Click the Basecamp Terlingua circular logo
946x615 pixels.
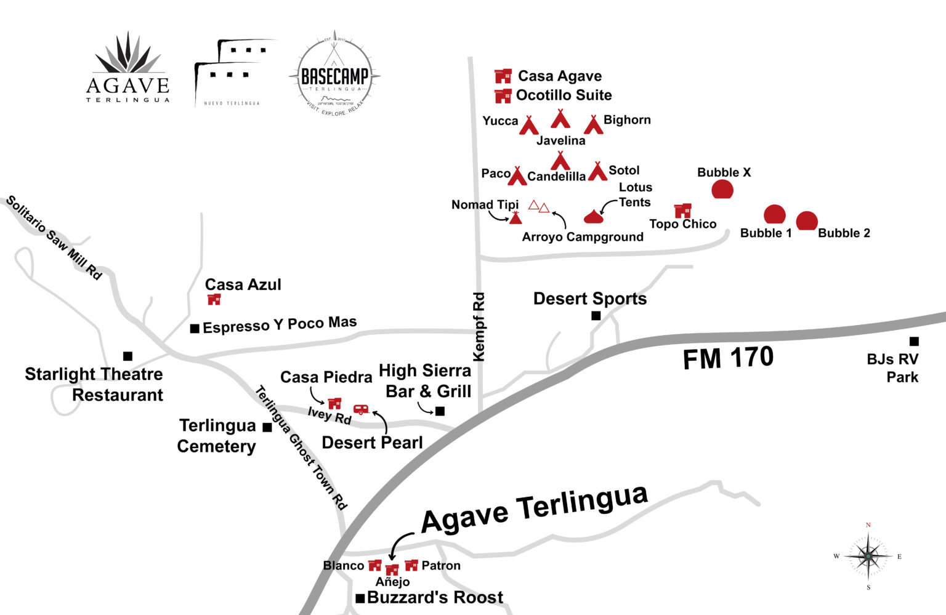(x=334, y=75)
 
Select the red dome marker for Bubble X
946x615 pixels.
(x=722, y=189)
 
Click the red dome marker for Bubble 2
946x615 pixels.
(x=807, y=220)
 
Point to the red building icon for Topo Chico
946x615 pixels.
(x=682, y=210)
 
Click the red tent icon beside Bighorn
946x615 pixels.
(x=593, y=124)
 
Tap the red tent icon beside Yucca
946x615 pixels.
(x=528, y=125)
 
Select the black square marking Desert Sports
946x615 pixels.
(x=596, y=316)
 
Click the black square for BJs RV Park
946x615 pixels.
(x=914, y=341)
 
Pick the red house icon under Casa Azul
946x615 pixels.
(x=214, y=299)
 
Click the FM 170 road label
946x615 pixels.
(x=728, y=358)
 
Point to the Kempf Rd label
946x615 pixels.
(x=479, y=327)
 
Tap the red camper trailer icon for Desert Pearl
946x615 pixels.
(x=361, y=409)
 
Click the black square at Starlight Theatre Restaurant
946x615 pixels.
(x=127, y=356)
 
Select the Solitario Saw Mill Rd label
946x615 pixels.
(x=54, y=238)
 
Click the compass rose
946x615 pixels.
(x=868, y=557)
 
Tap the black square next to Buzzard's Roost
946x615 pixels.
(x=360, y=598)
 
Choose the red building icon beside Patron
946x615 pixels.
(x=411, y=565)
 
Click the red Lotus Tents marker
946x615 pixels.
(x=593, y=216)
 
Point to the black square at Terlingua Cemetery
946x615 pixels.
(x=267, y=427)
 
